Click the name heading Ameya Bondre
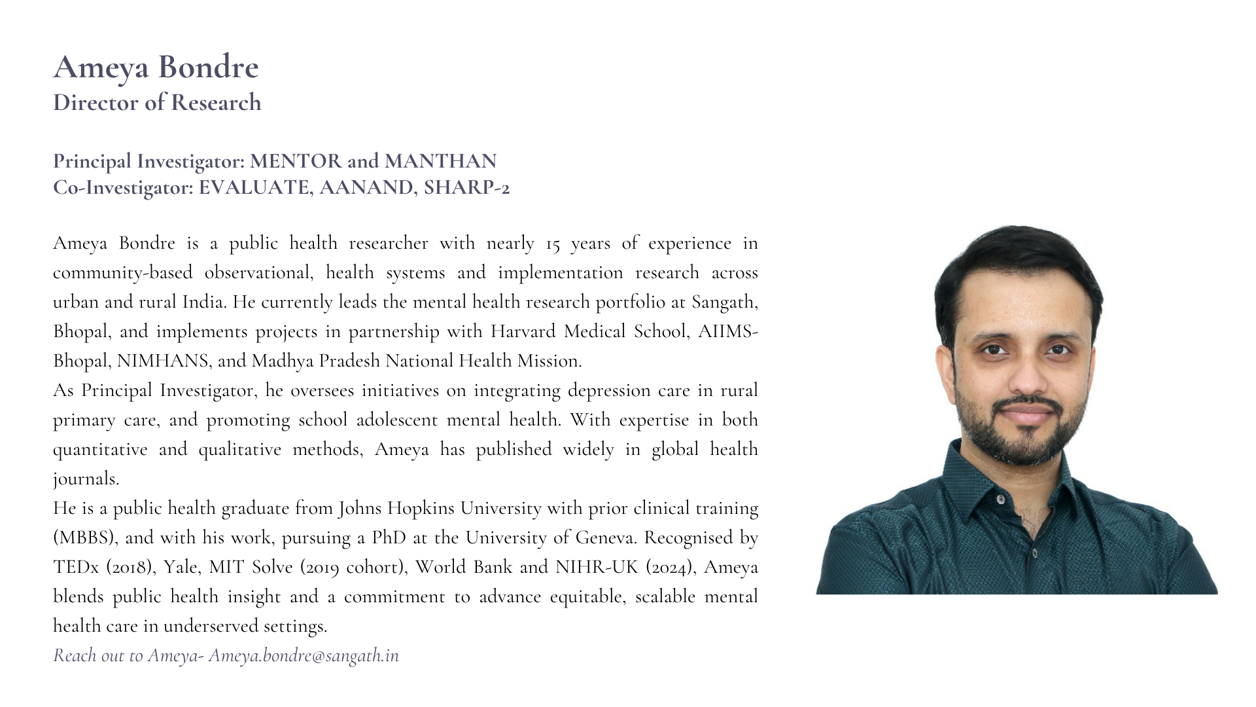click(156, 67)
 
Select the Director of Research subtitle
click(157, 103)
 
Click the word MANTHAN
click(440, 161)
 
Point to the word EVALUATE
click(255, 188)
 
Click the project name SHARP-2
click(466, 188)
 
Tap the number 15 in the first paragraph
click(553, 244)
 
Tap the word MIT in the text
click(226, 568)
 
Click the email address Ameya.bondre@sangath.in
click(304, 656)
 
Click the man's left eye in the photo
click(1058, 350)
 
